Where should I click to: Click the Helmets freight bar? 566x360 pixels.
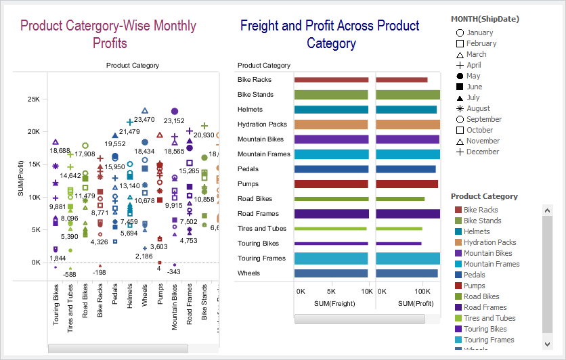click(331, 110)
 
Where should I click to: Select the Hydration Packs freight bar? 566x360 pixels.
click(331, 125)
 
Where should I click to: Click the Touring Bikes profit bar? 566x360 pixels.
click(399, 244)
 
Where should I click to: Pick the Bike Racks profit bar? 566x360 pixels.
click(402, 80)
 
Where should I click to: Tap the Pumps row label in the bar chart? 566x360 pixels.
click(248, 184)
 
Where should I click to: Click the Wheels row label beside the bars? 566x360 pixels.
click(249, 273)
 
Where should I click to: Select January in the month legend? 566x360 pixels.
click(479, 32)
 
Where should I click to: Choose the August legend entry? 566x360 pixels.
click(478, 108)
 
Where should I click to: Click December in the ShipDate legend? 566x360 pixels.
click(482, 152)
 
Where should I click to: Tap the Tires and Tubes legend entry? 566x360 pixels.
click(489, 318)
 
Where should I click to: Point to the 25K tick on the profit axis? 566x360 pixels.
click(33, 99)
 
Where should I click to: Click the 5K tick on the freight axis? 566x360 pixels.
click(332, 291)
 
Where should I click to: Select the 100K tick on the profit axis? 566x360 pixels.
click(422, 291)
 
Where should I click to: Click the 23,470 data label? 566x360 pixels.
click(144, 120)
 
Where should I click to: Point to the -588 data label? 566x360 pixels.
click(68, 274)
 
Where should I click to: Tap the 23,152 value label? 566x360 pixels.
click(174, 121)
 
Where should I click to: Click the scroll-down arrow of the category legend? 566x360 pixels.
click(548, 344)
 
